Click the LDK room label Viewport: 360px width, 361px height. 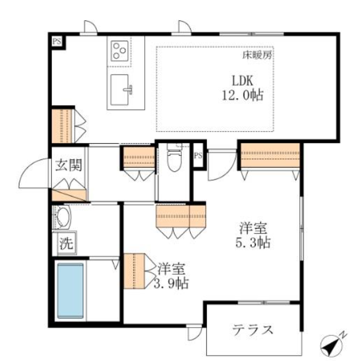point(242,80)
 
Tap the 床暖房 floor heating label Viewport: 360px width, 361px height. point(257,55)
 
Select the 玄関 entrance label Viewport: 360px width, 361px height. point(69,165)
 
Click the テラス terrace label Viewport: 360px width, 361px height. point(252,329)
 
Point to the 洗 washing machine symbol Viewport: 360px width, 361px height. point(66,243)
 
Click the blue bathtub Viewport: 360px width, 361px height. point(70,291)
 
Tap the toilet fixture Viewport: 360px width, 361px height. point(174,157)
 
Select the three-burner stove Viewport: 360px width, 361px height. point(119,51)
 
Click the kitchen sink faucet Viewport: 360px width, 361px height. point(128,89)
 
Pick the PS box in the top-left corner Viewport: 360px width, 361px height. point(57,42)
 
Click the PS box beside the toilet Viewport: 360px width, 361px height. point(198,156)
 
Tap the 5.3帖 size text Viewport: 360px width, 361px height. point(253,243)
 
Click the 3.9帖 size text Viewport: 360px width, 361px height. point(171,283)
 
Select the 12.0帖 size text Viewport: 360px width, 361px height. point(242,95)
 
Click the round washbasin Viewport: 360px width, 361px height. point(63,217)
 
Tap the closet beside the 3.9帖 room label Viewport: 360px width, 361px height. point(134,271)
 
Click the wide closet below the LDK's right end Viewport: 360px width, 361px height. point(270,155)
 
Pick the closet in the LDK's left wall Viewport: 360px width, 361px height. point(62,125)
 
